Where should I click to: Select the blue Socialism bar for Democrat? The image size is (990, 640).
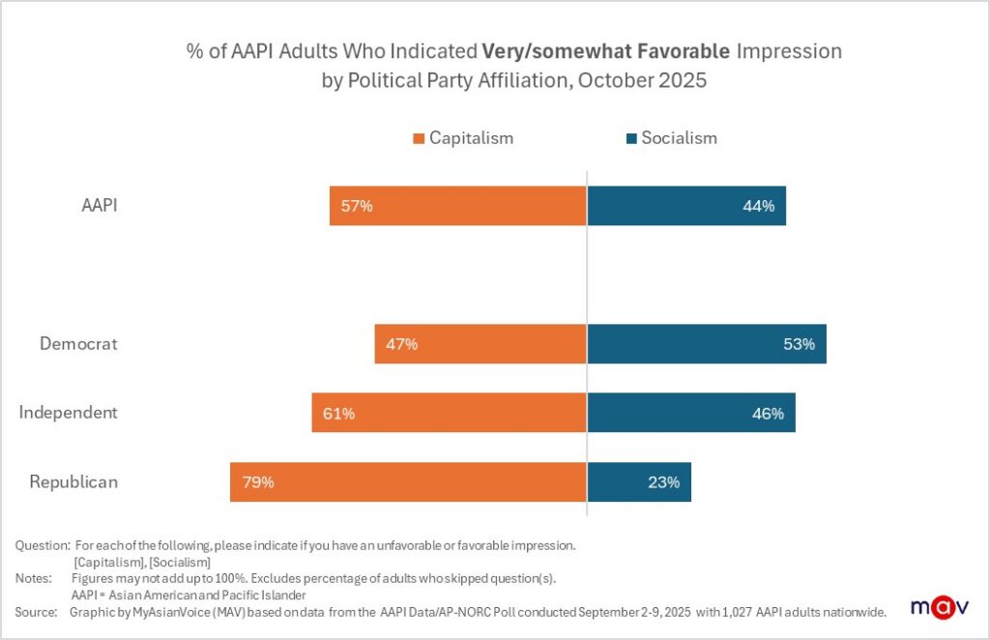(706, 343)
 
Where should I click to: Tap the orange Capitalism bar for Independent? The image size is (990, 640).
(449, 413)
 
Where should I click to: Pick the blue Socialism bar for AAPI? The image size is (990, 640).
(685, 206)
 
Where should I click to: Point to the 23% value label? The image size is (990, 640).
(664, 481)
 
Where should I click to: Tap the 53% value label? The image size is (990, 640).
(800, 343)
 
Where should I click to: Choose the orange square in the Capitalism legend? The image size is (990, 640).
(419, 138)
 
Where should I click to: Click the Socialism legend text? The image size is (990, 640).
(679, 138)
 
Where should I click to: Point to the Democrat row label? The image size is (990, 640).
(78, 343)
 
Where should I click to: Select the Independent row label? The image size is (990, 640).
(68, 413)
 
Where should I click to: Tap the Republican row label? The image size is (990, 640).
(73, 481)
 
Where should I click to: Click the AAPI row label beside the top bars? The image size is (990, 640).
(98, 205)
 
